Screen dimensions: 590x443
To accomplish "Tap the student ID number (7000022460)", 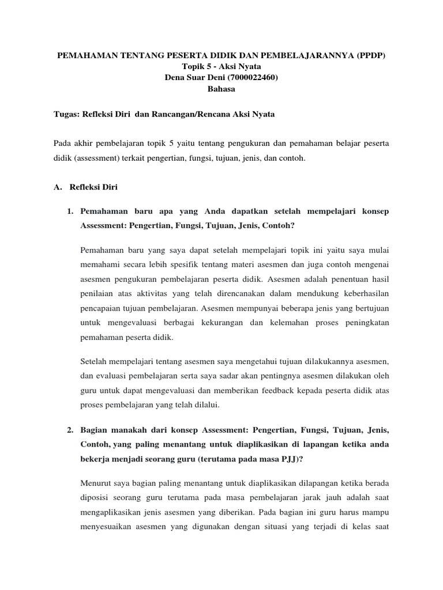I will [253, 78].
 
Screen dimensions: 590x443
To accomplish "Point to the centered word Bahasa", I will [221, 89].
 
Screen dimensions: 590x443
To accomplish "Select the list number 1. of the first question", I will [70, 211].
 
